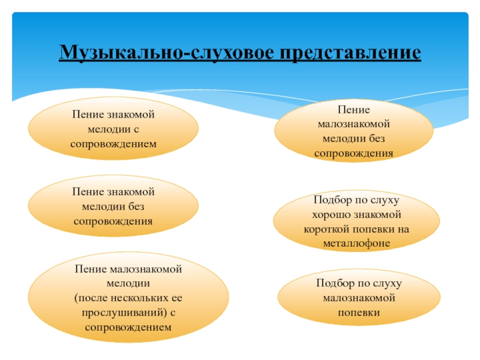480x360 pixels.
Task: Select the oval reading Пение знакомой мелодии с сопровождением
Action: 113,128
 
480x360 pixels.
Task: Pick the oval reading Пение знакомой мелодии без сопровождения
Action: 113,206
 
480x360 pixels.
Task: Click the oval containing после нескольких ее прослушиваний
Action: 128,298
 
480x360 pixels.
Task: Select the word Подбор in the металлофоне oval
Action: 327,199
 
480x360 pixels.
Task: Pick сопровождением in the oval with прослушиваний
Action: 128,328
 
